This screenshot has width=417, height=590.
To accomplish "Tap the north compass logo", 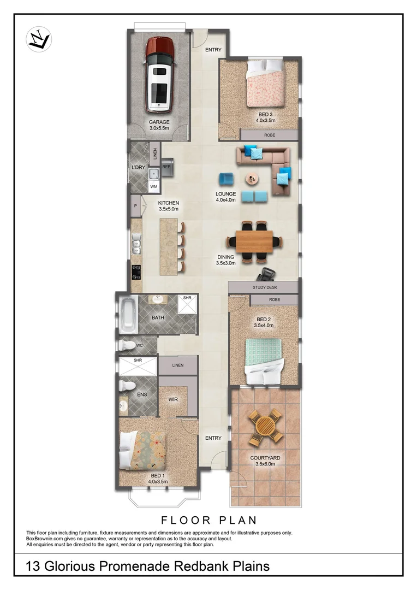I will (x=38, y=39).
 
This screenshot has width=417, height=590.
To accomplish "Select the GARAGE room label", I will (x=159, y=122).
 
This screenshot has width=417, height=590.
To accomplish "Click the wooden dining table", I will (x=254, y=241).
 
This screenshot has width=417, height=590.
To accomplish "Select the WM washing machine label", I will (x=154, y=187).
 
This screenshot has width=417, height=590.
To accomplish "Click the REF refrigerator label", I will (x=166, y=167).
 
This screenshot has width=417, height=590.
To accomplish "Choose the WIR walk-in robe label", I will (x=173, y=399).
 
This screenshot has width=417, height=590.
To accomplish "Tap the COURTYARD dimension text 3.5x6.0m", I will (x=265, y=464).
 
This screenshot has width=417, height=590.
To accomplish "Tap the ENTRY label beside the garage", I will (x=213, y=50).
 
